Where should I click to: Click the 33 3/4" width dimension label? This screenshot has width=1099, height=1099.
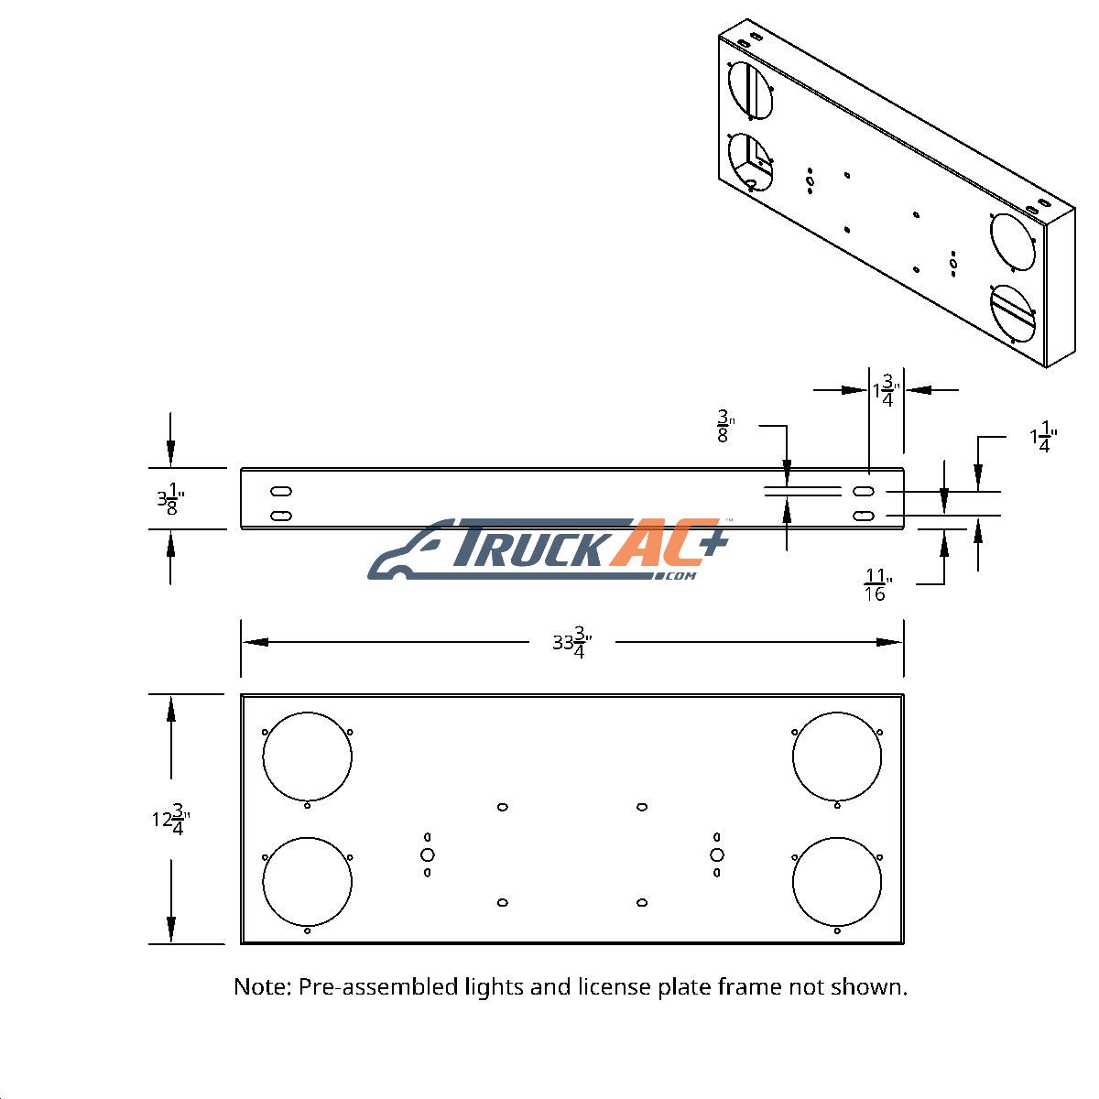click(x=572, y=643)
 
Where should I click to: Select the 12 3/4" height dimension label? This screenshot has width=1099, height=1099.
click(x=170, y=820)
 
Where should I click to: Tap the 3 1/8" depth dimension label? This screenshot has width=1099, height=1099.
click(x=170, y=499)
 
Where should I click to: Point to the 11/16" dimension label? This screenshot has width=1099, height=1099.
click(x=877, y=585)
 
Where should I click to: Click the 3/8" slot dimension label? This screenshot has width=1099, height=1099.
click(x=725, y=426)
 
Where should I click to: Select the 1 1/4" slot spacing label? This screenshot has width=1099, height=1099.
click(x=1043, y=438)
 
